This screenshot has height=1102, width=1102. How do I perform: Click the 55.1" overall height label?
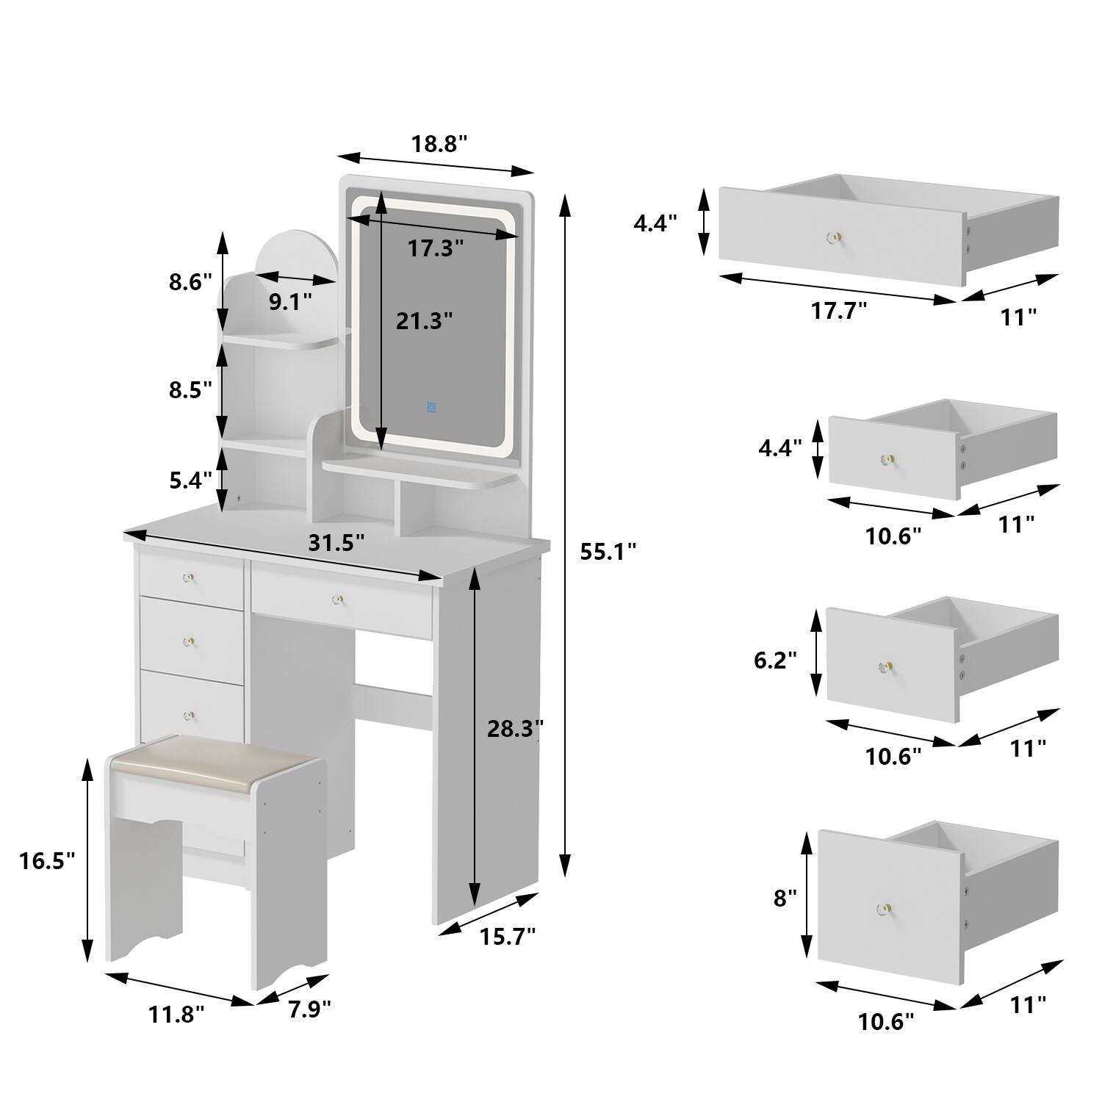coord(608,551)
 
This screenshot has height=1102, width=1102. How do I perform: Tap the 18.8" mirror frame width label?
coord(439,144)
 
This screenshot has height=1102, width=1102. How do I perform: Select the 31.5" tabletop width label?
coord(336,543)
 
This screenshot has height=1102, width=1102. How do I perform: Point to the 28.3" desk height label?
coord(515,728)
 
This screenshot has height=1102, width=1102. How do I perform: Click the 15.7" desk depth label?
coord(508,936)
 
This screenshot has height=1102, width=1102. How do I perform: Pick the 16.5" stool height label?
coord(47,860)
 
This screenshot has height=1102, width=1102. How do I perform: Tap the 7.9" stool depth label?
coord(309,1009)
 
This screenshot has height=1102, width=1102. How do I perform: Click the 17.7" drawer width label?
coord(839,311)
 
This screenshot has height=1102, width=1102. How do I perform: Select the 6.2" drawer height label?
coord(775,660)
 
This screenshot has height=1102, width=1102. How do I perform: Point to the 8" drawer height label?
coord(785,897)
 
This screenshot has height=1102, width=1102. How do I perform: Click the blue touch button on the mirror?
coord(431,406)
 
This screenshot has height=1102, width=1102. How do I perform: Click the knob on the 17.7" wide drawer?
coord(835,237)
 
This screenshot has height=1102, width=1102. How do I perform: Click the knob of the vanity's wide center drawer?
coord(338,600)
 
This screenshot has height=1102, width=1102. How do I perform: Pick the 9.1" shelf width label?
coord(290,301)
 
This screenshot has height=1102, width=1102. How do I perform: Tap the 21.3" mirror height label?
coord(424,320)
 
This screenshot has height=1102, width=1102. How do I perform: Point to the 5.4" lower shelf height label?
coord(190,480)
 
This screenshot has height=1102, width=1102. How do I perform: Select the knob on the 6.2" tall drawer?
coord(885,667)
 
